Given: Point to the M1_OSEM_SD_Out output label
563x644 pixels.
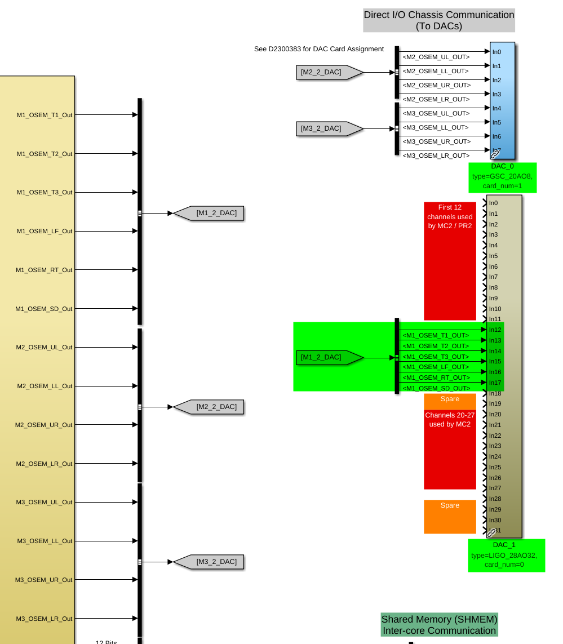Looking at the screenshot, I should coord(44,309).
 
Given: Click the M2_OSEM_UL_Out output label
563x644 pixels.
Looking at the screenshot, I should coord(45,347).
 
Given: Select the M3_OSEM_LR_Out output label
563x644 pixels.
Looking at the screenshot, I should coord(45,619).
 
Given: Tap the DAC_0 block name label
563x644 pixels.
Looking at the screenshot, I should coord(502,166).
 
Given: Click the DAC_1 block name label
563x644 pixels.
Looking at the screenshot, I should coord(504,545).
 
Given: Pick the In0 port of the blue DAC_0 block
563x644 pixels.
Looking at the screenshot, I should coord(496,52).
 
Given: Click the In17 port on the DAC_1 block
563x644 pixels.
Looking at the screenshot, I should coord(495,383).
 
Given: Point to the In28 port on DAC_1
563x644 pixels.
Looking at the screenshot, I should coord(495,499).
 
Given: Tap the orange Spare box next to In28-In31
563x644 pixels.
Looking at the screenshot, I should coord(450,516).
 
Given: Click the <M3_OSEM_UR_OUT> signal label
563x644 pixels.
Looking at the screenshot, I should coord(436,141).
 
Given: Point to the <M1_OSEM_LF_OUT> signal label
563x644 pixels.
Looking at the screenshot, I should coord(436,367).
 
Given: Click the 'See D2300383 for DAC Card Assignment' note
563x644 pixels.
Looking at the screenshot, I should coord(319,49).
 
